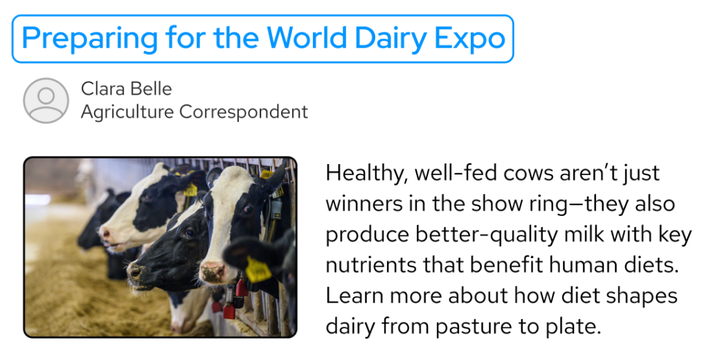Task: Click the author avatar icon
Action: click(46, 100)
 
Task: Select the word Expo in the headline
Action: click(470, 38)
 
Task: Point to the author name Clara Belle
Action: click(126, 89)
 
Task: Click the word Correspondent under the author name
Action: click(244, 111)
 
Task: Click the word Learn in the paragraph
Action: click(353, 296)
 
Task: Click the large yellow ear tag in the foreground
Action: click(258, 270)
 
